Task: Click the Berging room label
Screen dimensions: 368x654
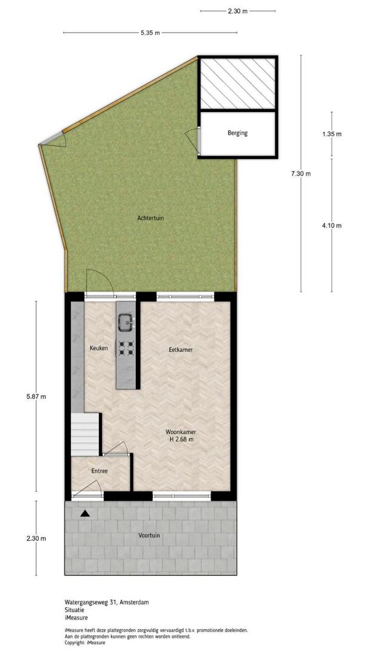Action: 237,133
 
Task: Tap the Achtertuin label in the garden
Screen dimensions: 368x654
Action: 149,218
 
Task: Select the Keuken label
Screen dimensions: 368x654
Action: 99,348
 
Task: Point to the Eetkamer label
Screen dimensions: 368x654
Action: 181,351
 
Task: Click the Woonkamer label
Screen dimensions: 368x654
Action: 181,432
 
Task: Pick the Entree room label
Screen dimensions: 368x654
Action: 99,471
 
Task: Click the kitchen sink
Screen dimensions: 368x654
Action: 125,322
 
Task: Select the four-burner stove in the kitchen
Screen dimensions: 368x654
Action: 126,348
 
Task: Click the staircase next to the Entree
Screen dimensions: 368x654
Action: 85,434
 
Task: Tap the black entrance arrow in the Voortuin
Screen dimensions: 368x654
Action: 85,513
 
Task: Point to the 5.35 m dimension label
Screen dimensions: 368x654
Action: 150,33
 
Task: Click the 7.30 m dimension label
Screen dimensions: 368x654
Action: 301,174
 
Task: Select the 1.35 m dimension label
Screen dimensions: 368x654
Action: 332,134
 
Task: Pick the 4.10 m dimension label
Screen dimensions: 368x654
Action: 332,226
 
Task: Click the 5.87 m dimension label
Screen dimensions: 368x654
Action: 36,397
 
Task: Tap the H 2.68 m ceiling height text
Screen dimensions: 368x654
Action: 181,440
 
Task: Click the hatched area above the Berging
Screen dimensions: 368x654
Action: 238,84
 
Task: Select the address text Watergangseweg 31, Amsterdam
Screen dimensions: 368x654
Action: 107,603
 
